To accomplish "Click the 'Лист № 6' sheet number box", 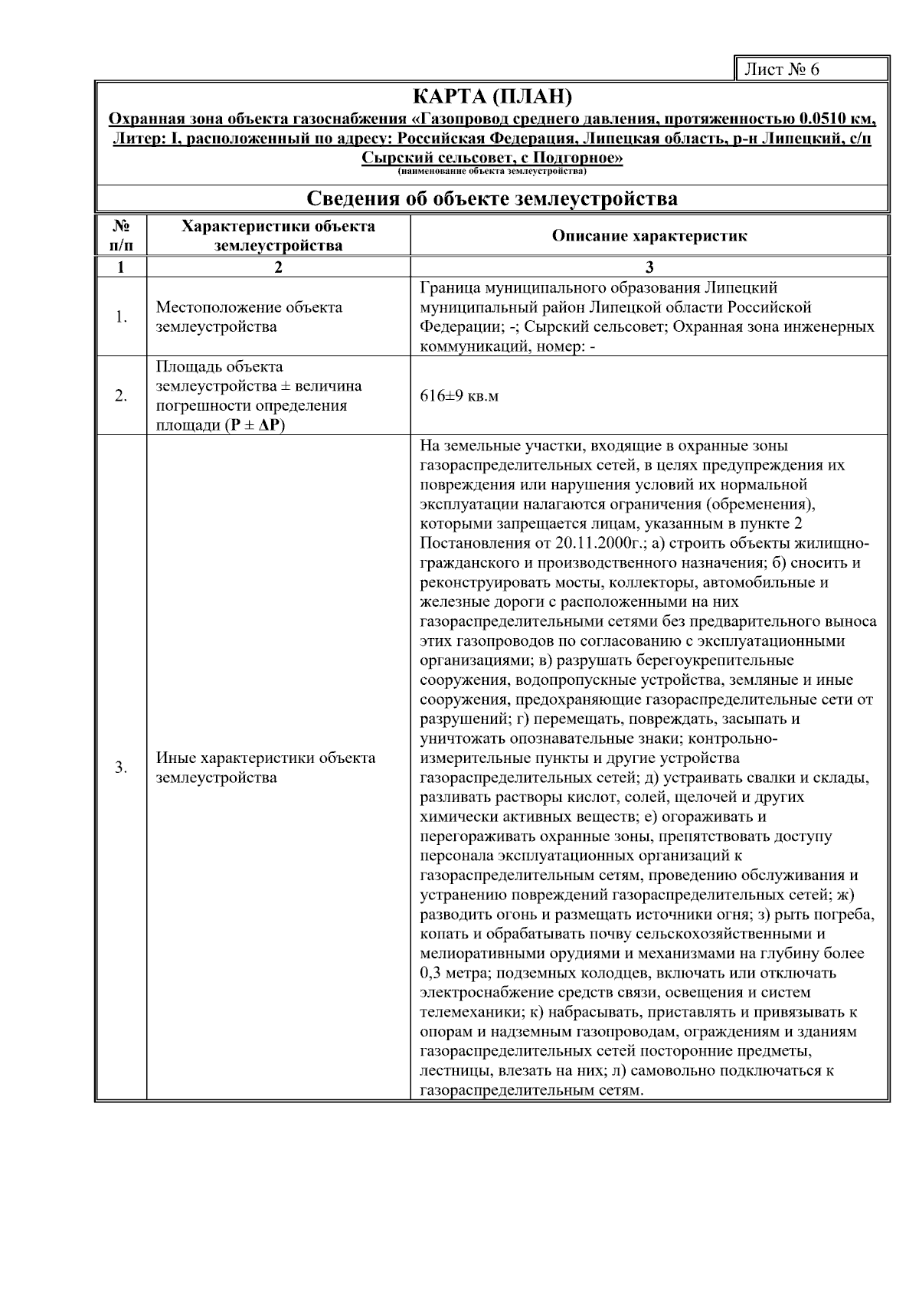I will [x=810, y=70].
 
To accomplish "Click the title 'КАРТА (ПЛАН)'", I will [x=492, y=97].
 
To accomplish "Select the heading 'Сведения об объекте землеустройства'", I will [x=492, y=199].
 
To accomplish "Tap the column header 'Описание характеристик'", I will [x=649, y=236].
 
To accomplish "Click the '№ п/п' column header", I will [x=121, y=236].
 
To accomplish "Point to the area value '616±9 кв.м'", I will [x=459, y=397].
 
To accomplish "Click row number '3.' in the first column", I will [x=121, y=768].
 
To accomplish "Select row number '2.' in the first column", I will [x=121, y=396].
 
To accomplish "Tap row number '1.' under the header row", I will [x=121, y=317].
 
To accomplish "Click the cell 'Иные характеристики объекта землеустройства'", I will [x=266, y=768].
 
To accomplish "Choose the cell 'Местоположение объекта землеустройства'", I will [x=249, y=317].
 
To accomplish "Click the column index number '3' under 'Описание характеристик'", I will [x=649, y=267].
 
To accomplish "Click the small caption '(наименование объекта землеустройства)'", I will [x=492, y=172].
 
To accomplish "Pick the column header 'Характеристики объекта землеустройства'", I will [x=278, y=236].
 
